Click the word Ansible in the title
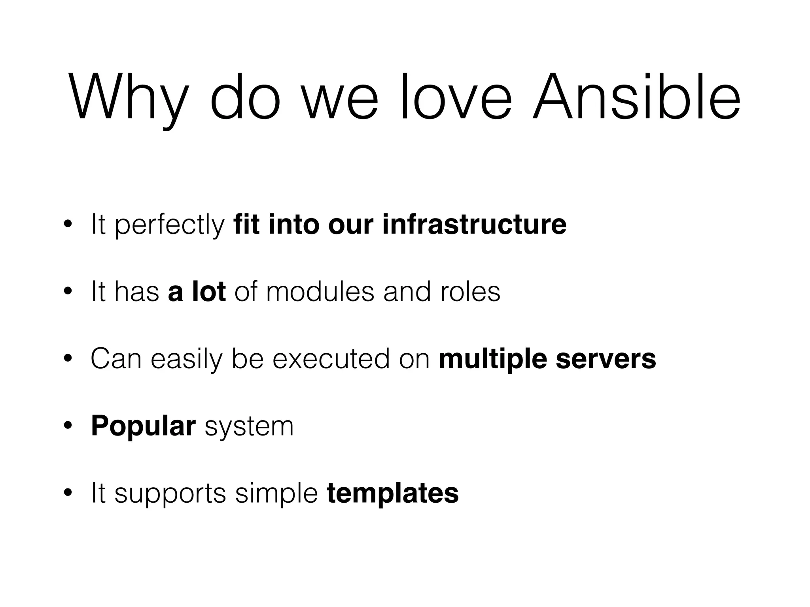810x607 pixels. [636, 97]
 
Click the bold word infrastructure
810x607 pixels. [474, 224]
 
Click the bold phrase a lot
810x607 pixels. [197, 291]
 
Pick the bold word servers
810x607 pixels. [606, 359]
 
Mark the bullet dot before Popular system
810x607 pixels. [68, 426]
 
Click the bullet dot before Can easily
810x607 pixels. [68, 359]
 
